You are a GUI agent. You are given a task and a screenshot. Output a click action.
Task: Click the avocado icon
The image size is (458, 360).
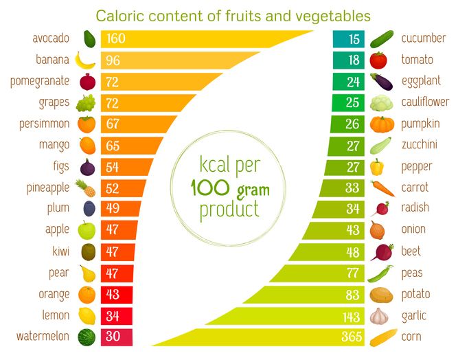(88, 38)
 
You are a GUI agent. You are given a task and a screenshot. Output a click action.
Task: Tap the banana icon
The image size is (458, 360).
(85, 60)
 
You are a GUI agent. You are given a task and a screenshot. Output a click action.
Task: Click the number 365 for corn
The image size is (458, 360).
(351, 337)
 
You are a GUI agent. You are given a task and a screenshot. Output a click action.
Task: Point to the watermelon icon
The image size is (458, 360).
(86, 337)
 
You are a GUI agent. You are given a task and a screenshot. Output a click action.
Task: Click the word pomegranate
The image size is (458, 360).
(40, 81)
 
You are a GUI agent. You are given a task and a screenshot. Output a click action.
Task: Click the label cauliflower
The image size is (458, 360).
(425, 102)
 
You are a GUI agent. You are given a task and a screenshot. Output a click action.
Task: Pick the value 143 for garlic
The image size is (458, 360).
(352, 316)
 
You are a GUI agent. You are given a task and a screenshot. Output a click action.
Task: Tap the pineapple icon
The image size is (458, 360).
(87, 188)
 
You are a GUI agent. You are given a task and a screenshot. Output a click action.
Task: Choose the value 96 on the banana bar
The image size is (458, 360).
(113, 60)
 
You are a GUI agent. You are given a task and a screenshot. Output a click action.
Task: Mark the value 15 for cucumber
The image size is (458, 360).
(354, 38)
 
